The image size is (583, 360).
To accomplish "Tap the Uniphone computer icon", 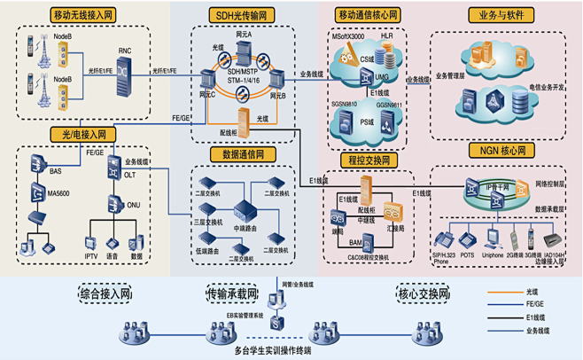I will click(493, 239).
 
